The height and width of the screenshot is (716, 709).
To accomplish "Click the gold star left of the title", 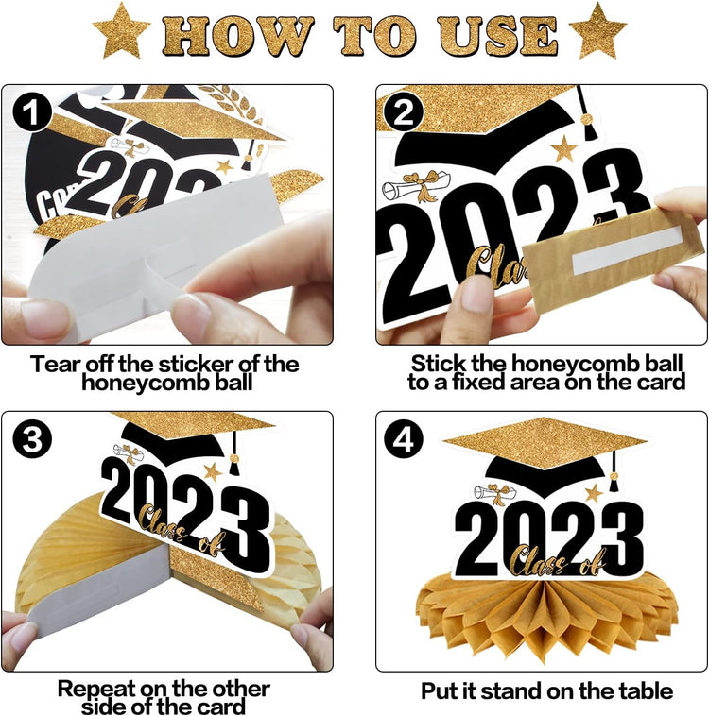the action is (x=122, y=32).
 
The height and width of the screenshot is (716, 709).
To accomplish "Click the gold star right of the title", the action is (x=597, y=32).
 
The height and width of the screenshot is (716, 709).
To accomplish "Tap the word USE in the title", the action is (x=498, y=35).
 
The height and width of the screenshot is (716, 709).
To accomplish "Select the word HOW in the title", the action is (x=237, y=35).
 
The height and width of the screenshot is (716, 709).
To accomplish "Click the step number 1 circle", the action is (x=32, y=112).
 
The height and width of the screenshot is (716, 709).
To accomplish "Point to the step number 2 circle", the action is (x=404, y=112).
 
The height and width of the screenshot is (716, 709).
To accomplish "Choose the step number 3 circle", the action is (x=32, y=439).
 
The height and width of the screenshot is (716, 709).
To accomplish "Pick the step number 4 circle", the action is (x=404, y=439).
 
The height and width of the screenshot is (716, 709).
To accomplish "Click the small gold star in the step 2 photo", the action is (x=564, y=149).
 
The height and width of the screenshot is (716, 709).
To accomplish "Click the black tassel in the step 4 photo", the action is (x=613, y=473).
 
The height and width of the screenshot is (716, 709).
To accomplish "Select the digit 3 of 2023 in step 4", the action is (x=619, y=539).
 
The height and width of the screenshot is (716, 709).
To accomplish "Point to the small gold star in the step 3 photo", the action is (x=213, y=472).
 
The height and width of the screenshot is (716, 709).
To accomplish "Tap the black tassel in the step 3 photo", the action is (x=233, y=453).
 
